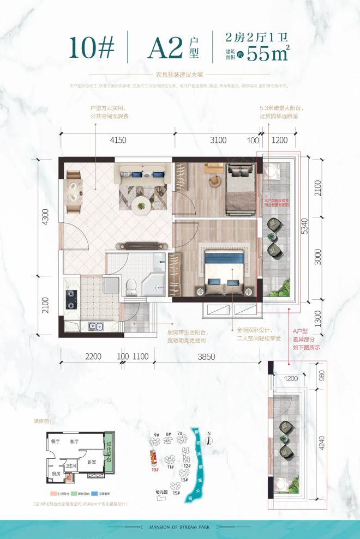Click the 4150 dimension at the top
point(118,140)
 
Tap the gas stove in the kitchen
point(71,297)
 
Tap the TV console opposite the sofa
point(141,246)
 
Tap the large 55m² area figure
point(268,53)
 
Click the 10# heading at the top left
point(92,49)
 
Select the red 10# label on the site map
point(154,468)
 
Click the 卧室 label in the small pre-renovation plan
point(91,462)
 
